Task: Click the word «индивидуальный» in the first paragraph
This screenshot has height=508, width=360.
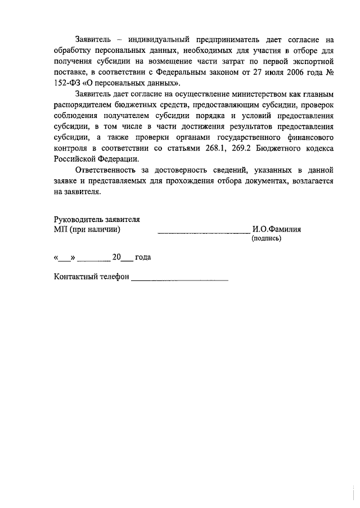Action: [x=156, y=40]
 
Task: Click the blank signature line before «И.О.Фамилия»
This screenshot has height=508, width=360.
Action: [x=203, y=231]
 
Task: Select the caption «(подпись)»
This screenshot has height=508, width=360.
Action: [x=267, y=238]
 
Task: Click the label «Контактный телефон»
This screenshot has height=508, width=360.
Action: [x=91, y=278]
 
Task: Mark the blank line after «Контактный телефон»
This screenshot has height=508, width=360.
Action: [x=179, y=279]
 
